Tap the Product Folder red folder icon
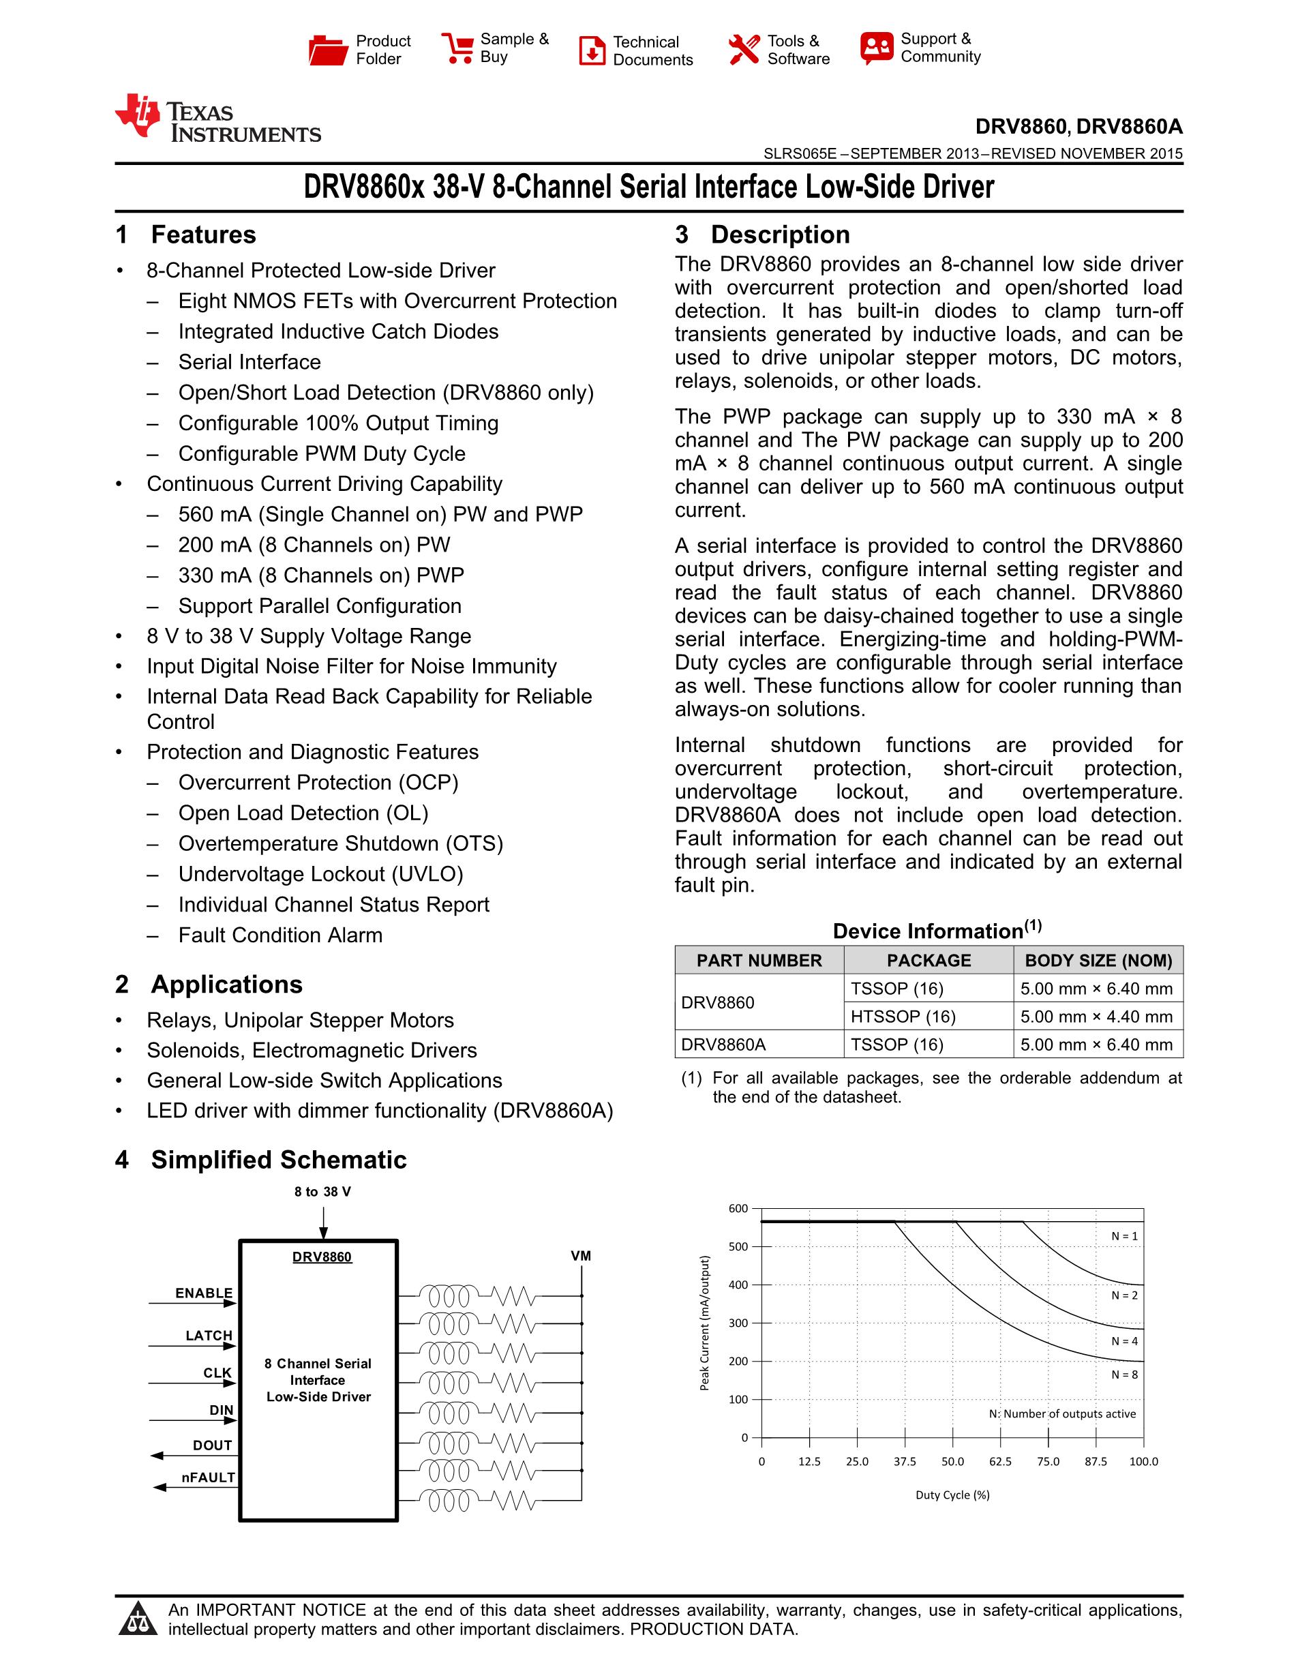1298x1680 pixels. point(329,50)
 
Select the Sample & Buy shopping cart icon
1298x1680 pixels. point(457,48)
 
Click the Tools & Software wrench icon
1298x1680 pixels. point(744,50)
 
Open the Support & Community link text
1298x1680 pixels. point(940,48)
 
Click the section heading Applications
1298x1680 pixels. point(226,985)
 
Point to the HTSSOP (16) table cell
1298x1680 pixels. point(903,1016)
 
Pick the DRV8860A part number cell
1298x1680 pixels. point(723,1045)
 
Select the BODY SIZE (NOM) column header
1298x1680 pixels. point(1098,960)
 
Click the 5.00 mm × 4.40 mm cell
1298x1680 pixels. point(1096,1016)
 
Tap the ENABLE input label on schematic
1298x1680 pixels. point(204,1293)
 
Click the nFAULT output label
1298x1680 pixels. point(209,1477)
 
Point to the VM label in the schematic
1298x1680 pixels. point(581,1255)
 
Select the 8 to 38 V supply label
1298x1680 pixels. point(322,1192)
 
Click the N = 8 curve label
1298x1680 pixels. point(1124,1375)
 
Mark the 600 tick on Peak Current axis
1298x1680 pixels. point(738,1208)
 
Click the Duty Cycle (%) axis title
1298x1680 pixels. point(952,1495)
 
